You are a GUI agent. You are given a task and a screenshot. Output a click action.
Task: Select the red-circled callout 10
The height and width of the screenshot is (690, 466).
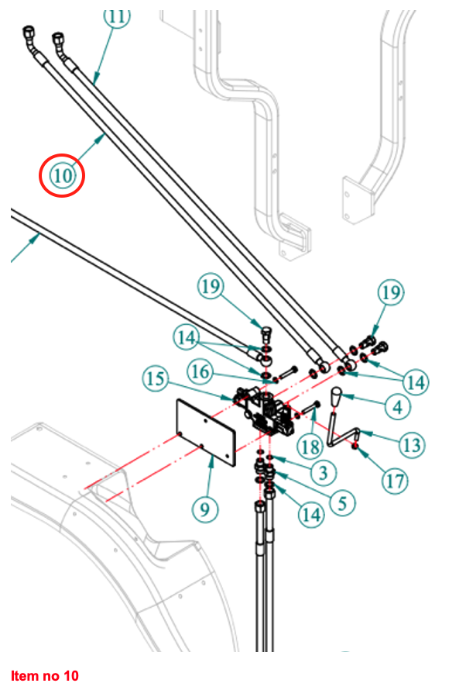click(x=62, y=175)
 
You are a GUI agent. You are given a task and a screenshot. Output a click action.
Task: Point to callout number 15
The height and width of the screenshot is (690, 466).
click(x=156, y=380)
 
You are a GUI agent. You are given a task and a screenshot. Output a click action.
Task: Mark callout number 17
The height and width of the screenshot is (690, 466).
click(x=396, y=481)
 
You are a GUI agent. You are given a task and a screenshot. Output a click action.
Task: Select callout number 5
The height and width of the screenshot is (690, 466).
click(x=341, y=502)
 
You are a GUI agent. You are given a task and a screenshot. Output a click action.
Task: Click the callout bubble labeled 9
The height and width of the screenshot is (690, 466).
click(x=204, y=509)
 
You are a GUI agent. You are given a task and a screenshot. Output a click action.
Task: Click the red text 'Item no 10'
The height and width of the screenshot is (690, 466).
click(x=45, y=675)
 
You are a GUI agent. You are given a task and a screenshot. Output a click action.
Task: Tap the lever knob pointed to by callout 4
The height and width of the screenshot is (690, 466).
click(x=339, y=397)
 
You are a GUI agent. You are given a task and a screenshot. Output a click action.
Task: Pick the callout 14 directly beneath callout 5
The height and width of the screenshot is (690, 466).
click(x=311, y=514)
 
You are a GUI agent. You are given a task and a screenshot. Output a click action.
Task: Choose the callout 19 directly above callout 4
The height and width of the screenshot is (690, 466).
click(x=392, y=293)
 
